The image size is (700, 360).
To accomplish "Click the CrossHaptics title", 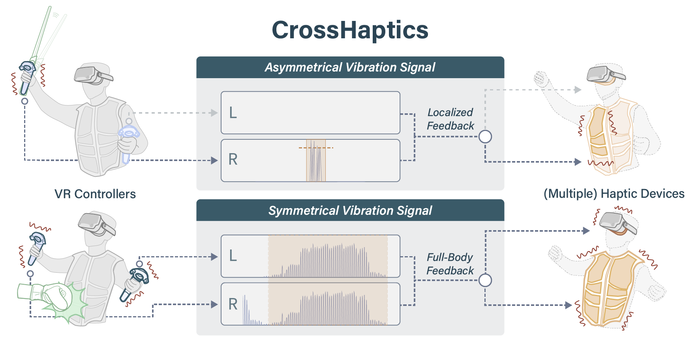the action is pyautogui.click(x=350, y=30).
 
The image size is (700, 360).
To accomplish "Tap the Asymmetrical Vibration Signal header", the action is pyautogui.click(x=350, y=67).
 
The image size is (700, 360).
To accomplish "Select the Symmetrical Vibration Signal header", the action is pyautogui.click(x=350, y=210).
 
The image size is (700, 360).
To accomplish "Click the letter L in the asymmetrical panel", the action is pyautogui.click(x=233, y=113).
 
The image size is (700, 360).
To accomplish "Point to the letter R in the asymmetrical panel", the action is pyautogui.click(x=233, y=159).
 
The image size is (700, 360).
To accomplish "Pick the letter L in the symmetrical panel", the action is pyautogui.click(x=233, y=256).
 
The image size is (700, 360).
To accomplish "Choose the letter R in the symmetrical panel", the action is pyautogui.click(x=233, y=304).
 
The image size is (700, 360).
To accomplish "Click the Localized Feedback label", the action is pyautogui.click(x=450, y=119).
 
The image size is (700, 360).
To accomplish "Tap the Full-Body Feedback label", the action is pyautogui.click(x=450, y=264).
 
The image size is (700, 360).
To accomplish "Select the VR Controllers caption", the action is pyautogui.click(x=95, y=194).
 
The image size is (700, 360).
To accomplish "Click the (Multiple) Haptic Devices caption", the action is pyautogui.click(x=614, y=194).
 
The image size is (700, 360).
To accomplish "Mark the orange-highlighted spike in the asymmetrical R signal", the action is pyautogui.click(x=316, y=161).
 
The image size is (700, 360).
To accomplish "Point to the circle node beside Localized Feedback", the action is pyautogui.click(x=485, y=137).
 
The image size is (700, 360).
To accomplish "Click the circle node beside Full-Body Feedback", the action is pyautogui.click(x=485, y=280).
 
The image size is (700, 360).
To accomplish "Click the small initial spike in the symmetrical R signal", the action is pyautogui.click(x=246, y=310).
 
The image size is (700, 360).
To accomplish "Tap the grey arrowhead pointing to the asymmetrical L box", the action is pyautogui.click(x=214, y=113).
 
